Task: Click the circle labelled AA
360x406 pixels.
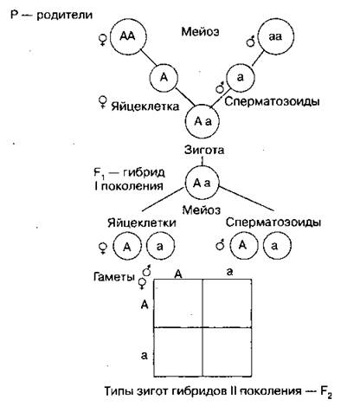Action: tap(128, 36)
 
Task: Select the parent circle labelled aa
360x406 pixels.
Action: tap(275, 36)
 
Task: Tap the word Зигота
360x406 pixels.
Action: tap(204, 150)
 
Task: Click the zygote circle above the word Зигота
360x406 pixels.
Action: tap(202, 122)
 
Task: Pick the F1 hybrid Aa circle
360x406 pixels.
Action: tap(202, 183)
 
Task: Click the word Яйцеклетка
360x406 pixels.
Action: tap(145, 106)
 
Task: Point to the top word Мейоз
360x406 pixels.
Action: tap(200, 31)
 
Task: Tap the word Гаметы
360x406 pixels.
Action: tap(114, 277)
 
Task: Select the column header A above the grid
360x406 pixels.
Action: tap(178, 274)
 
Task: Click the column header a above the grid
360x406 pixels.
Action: tap(229, 272)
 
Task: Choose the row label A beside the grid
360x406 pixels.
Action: tap(145, 305)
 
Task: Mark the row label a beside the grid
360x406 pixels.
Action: tap(145, 356)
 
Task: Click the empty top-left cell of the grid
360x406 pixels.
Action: tap(178, 303)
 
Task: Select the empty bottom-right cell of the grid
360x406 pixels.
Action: tap(227, 352)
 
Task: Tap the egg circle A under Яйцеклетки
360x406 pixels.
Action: tap(127, 247)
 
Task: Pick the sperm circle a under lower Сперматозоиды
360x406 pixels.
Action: tap(277, 246)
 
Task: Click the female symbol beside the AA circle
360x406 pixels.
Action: tap(102, 40)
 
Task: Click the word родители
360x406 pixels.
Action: tap(65, 15)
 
